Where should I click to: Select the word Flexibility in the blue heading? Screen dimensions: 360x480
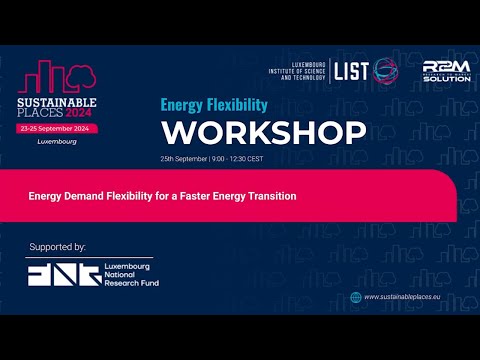tap(236, 104)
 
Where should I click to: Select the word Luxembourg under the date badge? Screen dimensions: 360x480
tap(56, 142)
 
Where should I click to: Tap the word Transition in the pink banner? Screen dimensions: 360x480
tap(270, 196)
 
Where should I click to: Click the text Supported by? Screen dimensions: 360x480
tap(57, 246)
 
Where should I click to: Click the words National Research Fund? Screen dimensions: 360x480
tap(132, 279)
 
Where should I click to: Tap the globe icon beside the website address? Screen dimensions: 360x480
tap(355, 296)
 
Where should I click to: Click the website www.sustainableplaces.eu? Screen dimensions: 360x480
tap(408, 297)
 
